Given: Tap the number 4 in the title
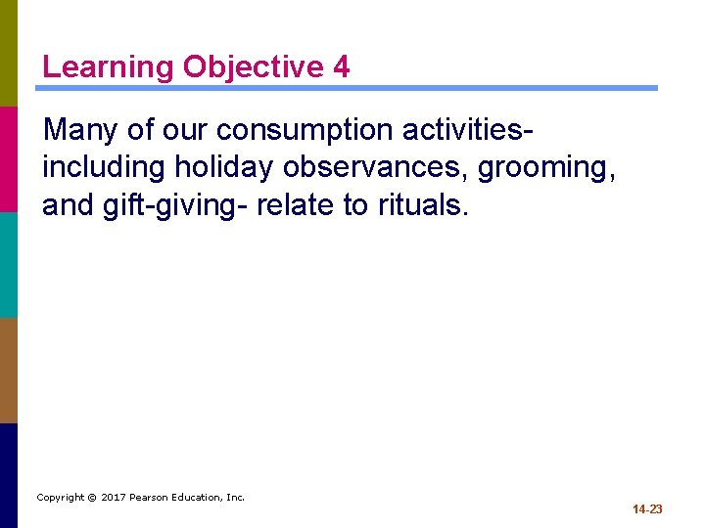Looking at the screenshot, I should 341,67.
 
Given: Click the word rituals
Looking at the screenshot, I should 423,205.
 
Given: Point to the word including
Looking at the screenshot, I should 105,168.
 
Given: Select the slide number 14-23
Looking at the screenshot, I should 647,509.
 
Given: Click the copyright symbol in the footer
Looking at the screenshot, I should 91,498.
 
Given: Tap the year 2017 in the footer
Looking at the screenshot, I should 115,498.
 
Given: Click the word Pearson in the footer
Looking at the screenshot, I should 151,498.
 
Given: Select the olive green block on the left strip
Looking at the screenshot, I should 9,53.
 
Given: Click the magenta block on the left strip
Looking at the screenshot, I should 9,158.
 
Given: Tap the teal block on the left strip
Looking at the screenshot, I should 9,264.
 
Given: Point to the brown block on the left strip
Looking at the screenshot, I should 9,370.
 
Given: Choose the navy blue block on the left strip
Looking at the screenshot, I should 9,475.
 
